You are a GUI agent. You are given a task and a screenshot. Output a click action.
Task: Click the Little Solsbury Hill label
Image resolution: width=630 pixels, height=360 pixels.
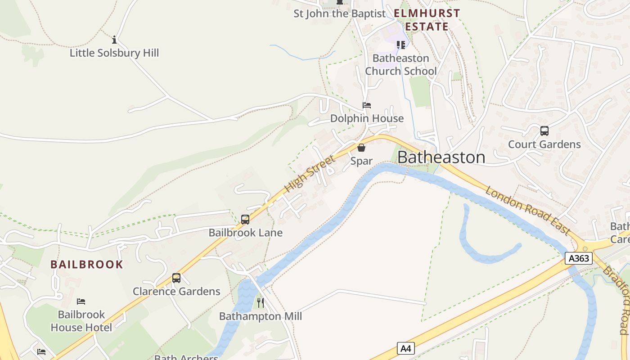(x=114, y=53)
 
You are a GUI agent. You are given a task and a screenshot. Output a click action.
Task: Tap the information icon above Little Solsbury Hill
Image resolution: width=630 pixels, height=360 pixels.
(x=114, y=40)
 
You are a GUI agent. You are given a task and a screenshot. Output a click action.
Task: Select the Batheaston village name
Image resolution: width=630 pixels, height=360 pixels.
(x=441, y=157)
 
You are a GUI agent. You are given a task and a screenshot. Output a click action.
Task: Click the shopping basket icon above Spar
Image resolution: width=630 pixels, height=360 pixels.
(x=361, y=148)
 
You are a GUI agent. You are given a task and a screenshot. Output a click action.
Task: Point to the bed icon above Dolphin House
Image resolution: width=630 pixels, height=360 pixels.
(x=367, y=105)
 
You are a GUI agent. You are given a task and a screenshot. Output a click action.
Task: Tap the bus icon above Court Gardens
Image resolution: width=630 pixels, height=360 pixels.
(x=544, y=131)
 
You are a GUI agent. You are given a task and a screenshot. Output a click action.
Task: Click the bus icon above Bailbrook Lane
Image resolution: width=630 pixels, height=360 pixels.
(x=245, y=220)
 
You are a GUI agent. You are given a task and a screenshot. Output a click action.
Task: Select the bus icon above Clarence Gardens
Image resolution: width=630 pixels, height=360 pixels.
(x=176, y=278)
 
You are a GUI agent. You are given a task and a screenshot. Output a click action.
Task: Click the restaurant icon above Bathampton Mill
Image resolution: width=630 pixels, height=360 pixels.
(x=260, y=303)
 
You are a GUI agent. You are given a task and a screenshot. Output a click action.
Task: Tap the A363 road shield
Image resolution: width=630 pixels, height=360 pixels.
(x=579, y=258)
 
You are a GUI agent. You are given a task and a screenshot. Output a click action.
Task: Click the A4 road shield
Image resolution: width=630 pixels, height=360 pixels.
(x=405, y=348)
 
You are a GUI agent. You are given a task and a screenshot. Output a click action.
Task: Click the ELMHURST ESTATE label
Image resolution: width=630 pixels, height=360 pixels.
(x=427, y=20)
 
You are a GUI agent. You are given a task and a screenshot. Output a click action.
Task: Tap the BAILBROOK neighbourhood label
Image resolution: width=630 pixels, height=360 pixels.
(x=87, y=264)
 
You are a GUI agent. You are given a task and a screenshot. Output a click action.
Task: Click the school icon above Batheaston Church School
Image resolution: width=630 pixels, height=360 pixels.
(x=400, y=45)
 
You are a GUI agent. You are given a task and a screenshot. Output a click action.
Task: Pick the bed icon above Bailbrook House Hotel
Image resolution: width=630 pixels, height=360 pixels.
(x=81, y=301)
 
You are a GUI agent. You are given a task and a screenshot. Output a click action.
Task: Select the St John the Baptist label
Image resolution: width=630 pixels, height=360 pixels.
(x=340, y=14)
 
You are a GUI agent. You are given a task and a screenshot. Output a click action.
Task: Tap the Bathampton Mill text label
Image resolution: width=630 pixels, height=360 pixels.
(x=261, y=316)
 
